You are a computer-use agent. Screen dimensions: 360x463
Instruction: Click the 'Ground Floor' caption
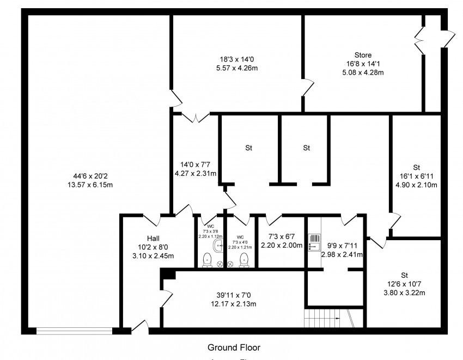234,347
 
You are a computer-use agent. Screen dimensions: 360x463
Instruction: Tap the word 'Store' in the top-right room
363,55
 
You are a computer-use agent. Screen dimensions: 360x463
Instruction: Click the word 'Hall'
153,239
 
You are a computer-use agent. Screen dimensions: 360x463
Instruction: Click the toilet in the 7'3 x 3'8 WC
207,260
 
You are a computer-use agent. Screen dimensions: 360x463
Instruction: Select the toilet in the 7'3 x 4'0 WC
244,260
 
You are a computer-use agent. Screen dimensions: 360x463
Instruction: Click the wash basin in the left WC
219,246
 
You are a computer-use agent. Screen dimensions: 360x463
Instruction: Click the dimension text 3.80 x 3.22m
404,292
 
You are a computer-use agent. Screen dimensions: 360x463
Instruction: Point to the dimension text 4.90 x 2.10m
417,185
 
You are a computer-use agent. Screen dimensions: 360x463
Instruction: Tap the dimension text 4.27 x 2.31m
195,174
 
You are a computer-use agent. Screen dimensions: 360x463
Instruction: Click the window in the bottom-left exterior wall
74,330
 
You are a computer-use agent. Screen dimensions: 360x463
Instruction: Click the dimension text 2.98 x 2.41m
342,254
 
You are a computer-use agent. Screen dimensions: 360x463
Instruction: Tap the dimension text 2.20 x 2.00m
281,246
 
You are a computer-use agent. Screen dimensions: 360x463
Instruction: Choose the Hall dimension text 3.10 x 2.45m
153,256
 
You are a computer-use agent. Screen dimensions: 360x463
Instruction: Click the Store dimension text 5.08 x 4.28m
363,72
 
